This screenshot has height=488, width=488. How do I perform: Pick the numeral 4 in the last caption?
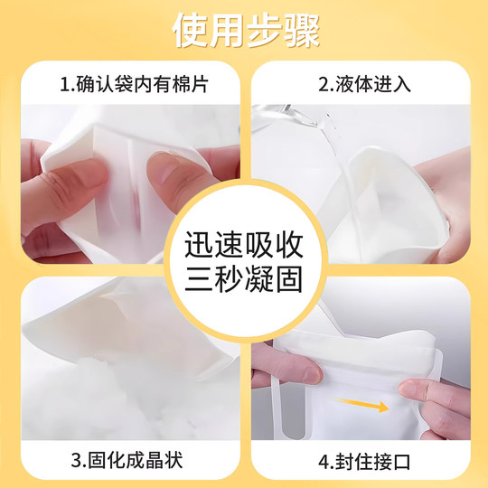[324, 462]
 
